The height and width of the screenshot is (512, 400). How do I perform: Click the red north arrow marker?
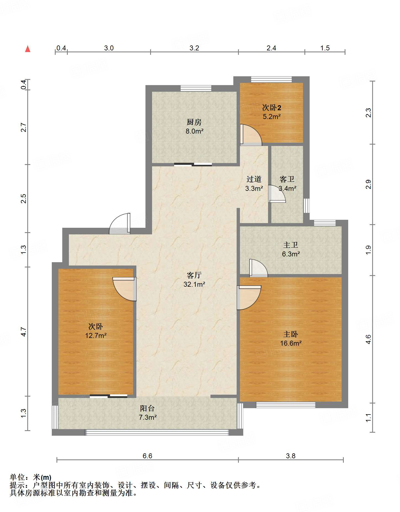tap(28, 49)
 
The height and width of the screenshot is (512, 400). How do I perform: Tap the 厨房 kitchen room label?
tap(194, 122)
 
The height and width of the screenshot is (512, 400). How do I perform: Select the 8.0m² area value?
tap(194, 131)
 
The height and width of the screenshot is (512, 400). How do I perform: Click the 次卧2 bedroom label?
tap(271, 107)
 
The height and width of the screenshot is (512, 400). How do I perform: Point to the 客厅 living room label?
tap(194, 275)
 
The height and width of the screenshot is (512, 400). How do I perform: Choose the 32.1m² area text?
tap(194, 284)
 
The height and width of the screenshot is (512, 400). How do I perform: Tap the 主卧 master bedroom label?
tap(291, 334)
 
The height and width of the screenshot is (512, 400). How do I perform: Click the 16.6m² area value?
tap(291, 343)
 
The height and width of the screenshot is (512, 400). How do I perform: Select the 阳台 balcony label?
tap(147, 408)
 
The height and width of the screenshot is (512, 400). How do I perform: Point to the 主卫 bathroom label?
tap(291, 245)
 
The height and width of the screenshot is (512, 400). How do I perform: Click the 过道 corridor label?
tap(254, 179)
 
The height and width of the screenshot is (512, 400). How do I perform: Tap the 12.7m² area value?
tap(96, 335)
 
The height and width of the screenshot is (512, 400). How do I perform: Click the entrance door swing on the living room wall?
tap(120, 224)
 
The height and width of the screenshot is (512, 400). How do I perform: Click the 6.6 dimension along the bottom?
tap(147, 456)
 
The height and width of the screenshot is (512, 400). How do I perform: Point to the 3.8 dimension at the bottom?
tap(291, 456)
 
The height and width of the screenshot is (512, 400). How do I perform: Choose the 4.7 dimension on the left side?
tap(24, 332)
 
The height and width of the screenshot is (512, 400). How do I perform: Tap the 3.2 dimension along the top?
tap(194, 48)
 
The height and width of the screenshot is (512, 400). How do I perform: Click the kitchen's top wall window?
tap(196, 88)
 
